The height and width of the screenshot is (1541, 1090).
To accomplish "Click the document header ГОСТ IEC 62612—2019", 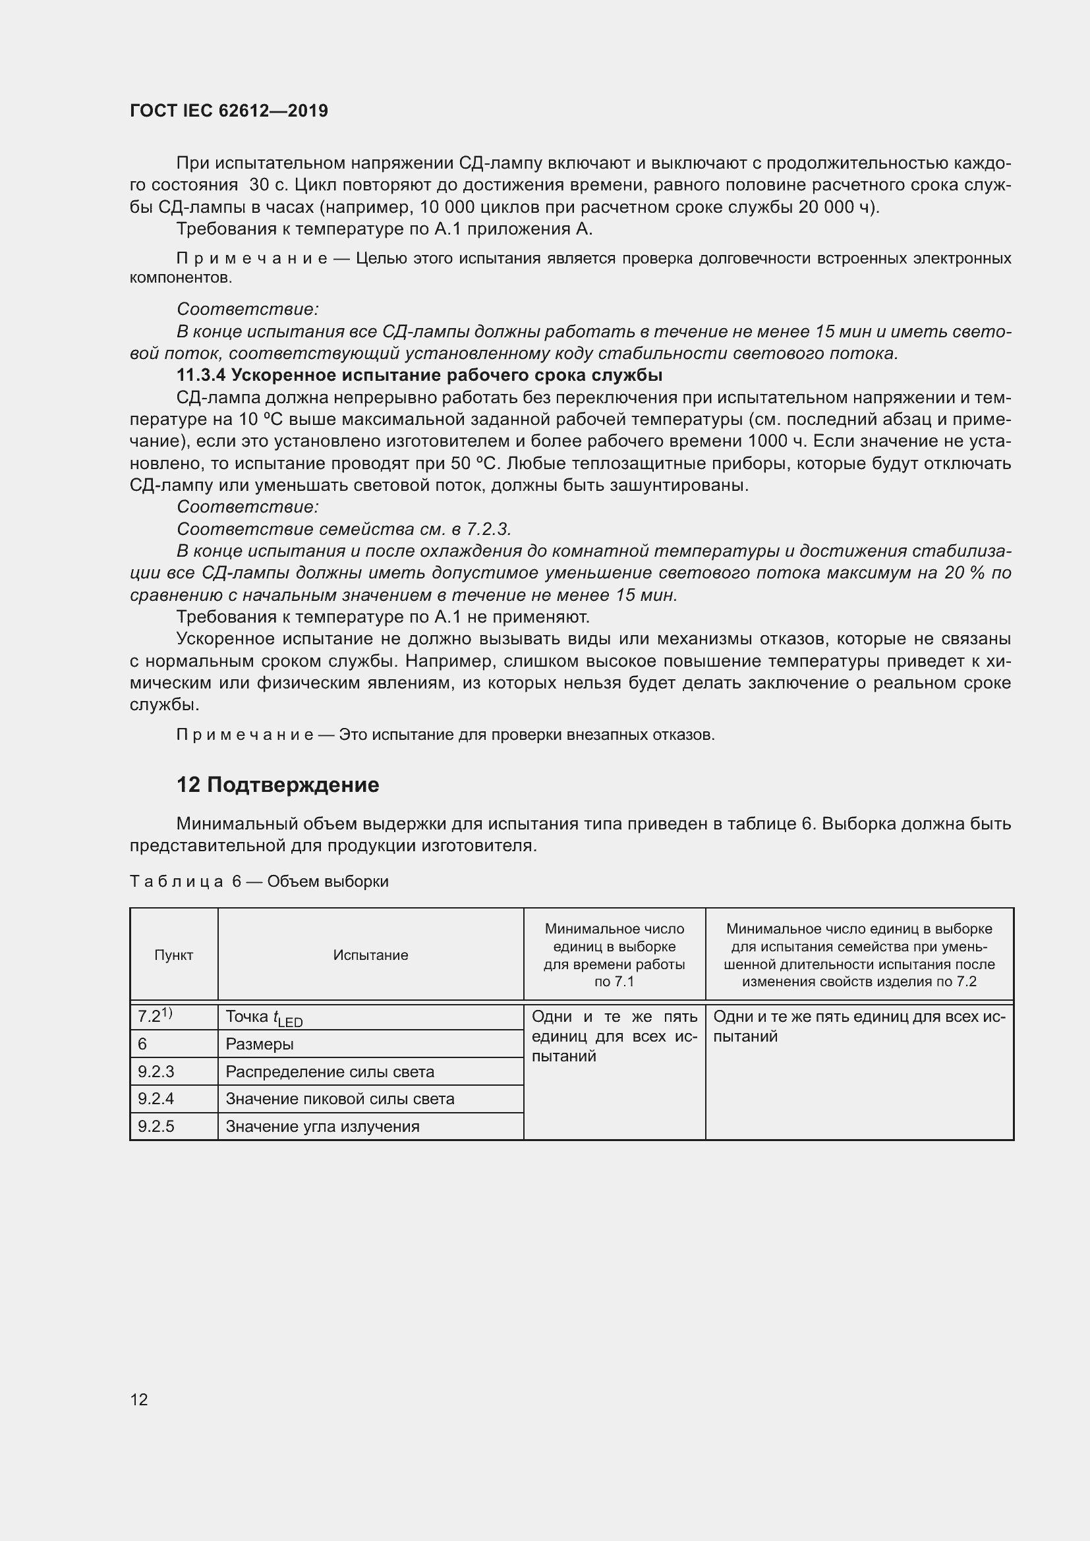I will coord(228,111).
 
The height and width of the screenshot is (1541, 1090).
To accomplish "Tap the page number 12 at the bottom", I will coord(139,1399).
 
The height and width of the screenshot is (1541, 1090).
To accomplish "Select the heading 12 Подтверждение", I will coord(277,785).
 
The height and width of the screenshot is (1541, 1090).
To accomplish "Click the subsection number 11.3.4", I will coord(201,374).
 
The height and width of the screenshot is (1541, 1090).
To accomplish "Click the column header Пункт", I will coord(174,955).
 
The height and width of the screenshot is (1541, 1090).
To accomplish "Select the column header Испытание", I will coord(370,955).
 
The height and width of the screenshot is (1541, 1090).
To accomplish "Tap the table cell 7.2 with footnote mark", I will coord(154,1017).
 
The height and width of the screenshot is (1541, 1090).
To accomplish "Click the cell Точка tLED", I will coord(264,1017).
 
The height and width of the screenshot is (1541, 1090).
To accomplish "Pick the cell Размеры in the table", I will coord(259,1044).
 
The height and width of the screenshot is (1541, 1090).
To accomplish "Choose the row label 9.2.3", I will coord(156,1072).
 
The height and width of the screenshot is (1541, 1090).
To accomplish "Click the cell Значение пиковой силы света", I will coord(339,1099).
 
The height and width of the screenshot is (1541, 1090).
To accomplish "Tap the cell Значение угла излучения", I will coord(322,1126).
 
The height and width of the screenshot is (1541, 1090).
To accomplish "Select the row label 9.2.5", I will coord(156,1126).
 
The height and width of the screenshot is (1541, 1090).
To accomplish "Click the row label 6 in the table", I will coord(142,1044).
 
